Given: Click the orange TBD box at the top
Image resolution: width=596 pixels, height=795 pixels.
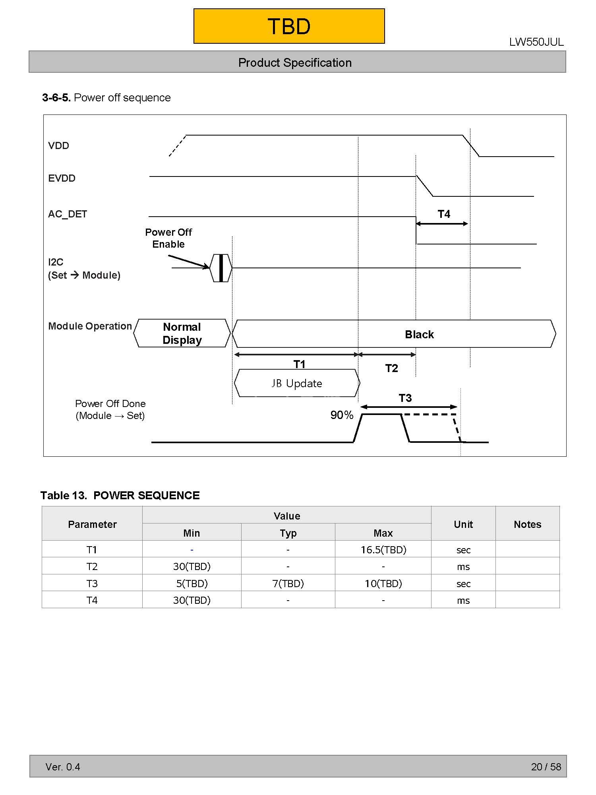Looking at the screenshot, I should (x=289, y=26).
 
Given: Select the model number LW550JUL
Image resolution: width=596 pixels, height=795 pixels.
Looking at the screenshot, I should (x=536, y=42).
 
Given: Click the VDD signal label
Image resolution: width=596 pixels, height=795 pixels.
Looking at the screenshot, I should (x=58, y=146).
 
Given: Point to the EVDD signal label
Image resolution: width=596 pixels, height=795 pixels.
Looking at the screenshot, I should (x=62, y=178).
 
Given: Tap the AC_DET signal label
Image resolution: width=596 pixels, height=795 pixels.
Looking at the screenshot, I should (x=67, y=214).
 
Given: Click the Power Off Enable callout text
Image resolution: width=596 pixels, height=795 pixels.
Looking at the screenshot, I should (x=168, y=238).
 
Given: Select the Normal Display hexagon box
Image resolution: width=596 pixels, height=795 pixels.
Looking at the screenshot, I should (x=182, y=334).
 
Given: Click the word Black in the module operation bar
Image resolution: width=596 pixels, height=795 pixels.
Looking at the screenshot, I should (x=419, y=335).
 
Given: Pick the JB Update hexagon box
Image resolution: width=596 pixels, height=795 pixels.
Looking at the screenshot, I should (x=297, y=384).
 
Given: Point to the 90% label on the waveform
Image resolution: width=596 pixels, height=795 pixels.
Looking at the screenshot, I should (x=342, y=415).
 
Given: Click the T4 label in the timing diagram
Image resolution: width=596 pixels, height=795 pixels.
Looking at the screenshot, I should (x=444, y=215).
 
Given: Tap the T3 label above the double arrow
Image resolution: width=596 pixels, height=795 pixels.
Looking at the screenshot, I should (x=405, y=398).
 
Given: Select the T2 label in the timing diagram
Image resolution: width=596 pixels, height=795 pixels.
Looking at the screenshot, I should (x=391, y=368).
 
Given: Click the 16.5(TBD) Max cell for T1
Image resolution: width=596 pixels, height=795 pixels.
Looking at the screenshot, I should (x=383, y=550).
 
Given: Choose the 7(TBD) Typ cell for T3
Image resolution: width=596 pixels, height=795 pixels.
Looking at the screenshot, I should (x=288, y=584).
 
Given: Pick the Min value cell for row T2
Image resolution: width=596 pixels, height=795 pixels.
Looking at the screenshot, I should (x=192, y=566).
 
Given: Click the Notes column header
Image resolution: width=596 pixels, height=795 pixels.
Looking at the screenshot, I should (x=527, y=524).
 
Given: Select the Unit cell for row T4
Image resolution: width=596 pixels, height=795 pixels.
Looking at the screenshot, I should (x=463, y=600).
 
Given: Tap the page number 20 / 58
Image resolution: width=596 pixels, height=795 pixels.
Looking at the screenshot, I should (x=546, y=767).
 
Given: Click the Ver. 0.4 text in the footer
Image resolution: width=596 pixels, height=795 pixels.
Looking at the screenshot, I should (x=63, y=767).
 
